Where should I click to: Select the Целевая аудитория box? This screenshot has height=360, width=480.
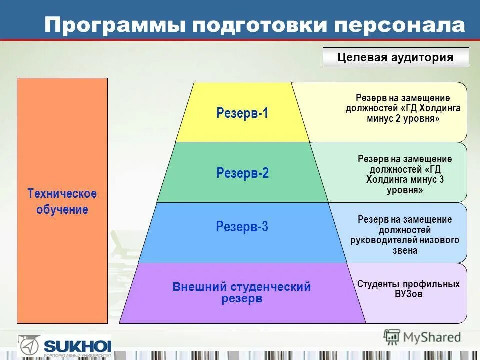tap(396, 57)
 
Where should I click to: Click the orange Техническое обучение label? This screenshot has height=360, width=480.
tap(62, 201)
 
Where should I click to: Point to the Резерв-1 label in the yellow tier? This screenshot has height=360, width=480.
tap(242, 113)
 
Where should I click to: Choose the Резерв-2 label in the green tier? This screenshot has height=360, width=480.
tap(242, 173)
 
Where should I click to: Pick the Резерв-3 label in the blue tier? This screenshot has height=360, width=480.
tap(242, 227)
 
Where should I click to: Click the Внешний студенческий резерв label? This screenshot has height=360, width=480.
tap(242, 293)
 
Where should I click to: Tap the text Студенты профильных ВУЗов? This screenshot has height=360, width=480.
tap(408, 289)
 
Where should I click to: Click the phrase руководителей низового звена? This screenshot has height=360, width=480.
tap(405, 245)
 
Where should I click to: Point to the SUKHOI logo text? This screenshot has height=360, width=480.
tap(77, 345)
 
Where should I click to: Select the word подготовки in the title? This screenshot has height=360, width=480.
tap(245, 25)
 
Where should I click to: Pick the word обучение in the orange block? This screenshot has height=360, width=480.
tap(62, 210)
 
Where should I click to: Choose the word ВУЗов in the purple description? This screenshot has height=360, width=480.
tap(408, 294)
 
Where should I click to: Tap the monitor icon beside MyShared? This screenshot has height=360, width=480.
tap(392, 336)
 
